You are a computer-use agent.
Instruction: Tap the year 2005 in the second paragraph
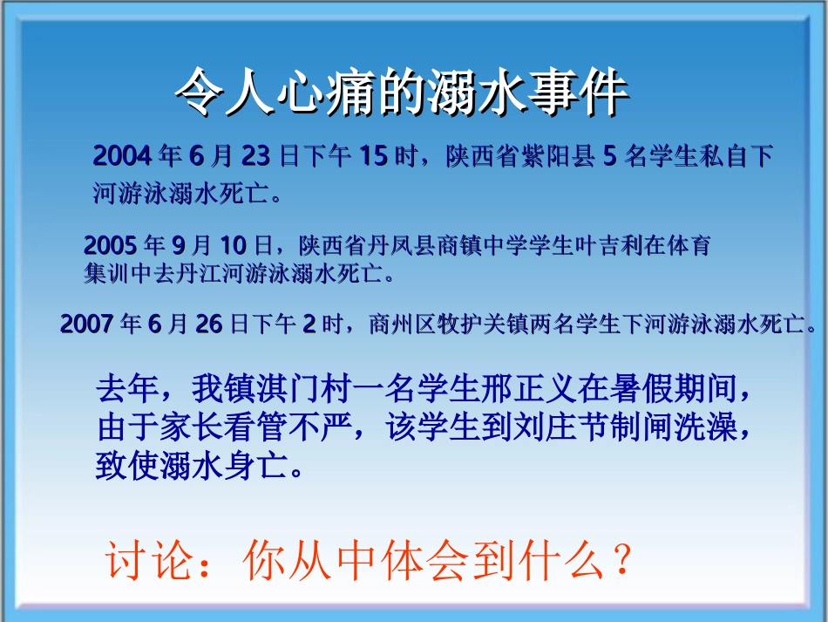tap(111, 243)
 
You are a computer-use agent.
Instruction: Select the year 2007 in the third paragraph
tap(87, 325)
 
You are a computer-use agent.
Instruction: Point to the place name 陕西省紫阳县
tap(520, 157)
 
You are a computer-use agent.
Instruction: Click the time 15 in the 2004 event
tap(372, 157)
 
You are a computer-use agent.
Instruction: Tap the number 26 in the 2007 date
tap(209, 325)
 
